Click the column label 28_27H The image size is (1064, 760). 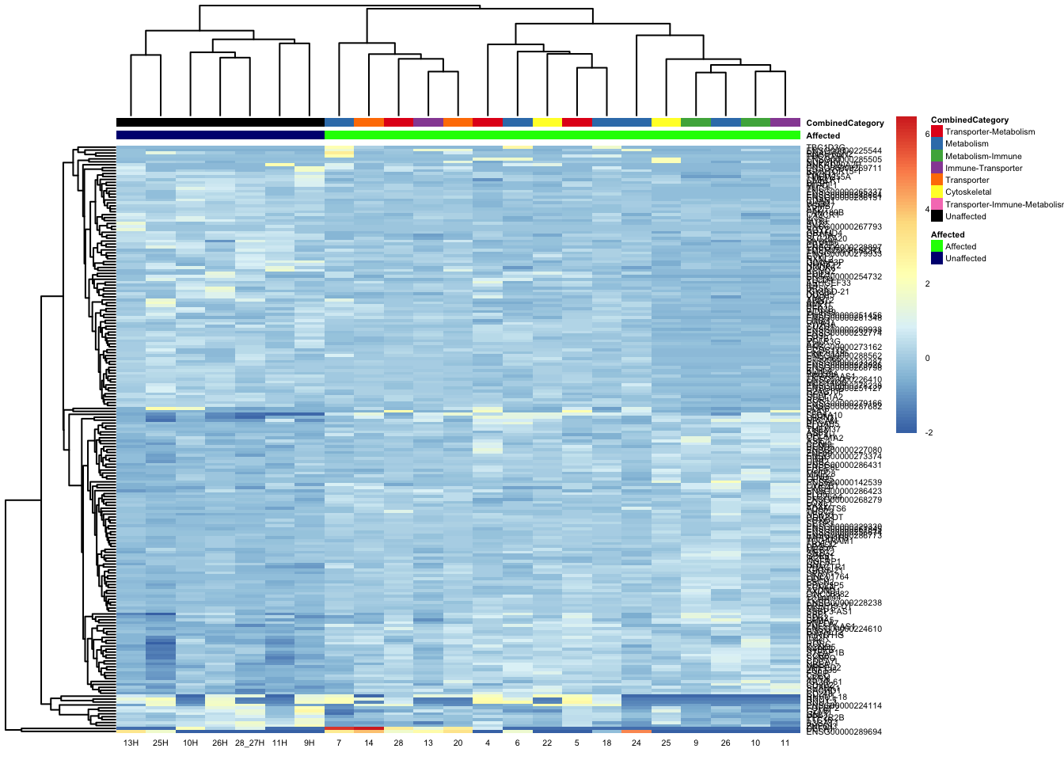(x=249, y=743)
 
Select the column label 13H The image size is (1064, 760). (x=131, y=743)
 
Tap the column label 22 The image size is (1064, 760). (x=547, y=743)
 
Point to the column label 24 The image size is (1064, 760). (x=636, y=743)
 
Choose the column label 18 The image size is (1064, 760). (x=606, y=743)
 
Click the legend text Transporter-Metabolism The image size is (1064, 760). (x=990, y=132)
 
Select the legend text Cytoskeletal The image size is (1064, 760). (x=968, y=192)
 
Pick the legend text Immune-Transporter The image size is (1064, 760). (x=983, y=168)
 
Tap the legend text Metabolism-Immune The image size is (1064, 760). (x=983, y=156)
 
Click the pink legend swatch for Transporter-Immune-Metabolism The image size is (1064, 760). (x=937, y=204)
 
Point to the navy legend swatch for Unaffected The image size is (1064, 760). (x=937, y=258)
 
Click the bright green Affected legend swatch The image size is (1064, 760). (x=937, y=246)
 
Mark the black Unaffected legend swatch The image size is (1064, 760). (x=937, y=216)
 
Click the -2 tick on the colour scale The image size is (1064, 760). (x=928, y=433)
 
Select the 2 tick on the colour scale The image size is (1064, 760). (x=928, y=283)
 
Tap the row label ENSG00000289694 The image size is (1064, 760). (x=844, y=732)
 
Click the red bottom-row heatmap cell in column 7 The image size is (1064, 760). (x=339, y=730)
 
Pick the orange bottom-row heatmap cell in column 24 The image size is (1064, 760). (x=636, y=730)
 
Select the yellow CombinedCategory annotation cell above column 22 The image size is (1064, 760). (x=547, y=123)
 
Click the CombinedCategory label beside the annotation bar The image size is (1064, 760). (x=845, y=123)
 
